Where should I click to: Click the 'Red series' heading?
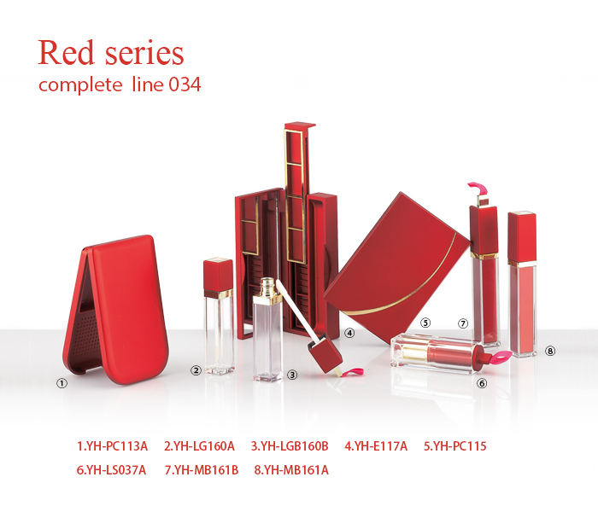110,53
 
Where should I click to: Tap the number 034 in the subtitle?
185,84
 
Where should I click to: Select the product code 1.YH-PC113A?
112,446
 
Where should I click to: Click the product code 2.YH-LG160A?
199,446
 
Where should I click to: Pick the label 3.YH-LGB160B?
290,446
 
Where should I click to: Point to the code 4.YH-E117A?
376,446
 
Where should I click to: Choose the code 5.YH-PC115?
455,446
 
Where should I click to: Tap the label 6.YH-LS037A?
111,470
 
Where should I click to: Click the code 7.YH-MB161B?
202,470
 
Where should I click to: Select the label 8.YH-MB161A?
291,470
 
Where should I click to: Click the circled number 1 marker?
62,383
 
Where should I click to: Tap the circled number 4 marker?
349,333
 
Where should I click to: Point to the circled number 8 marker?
550,351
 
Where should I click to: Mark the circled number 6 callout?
482,383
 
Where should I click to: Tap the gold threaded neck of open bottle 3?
268,288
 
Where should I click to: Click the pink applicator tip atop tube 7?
478,189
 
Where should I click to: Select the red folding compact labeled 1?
116,309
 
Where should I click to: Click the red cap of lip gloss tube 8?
522,237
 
